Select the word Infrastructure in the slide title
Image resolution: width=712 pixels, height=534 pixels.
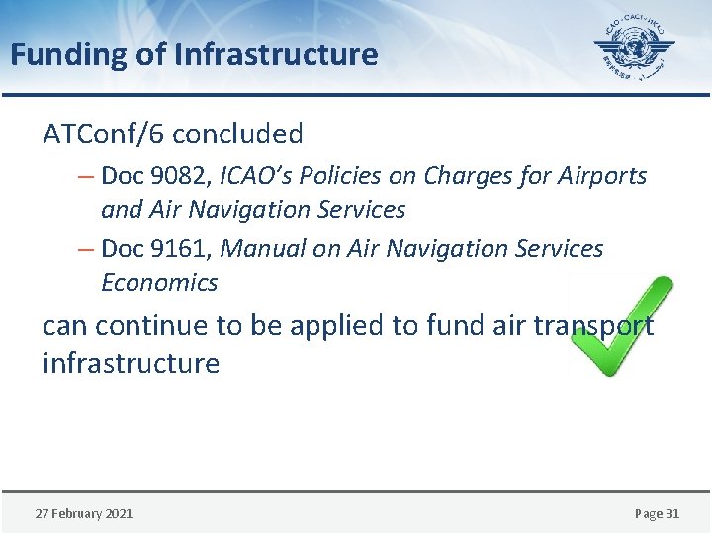coord(276,54)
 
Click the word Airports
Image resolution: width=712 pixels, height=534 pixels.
coord(605,176)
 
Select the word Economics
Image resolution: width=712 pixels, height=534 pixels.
coord(159,283)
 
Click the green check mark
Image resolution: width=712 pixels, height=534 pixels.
coord(621,326)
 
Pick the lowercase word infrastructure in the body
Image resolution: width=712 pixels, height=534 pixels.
coord(131,363)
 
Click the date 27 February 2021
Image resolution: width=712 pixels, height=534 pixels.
coord(84,513)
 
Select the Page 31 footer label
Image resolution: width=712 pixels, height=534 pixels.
coord(657,513)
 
